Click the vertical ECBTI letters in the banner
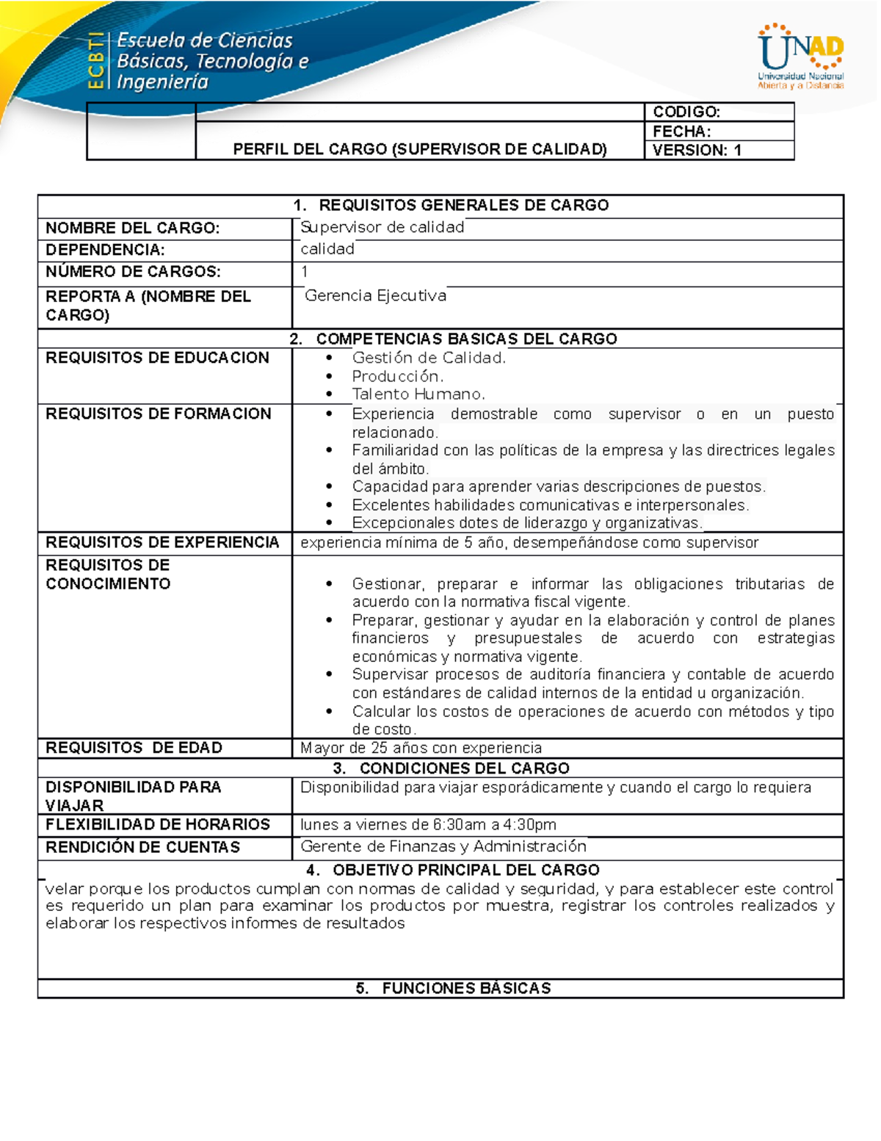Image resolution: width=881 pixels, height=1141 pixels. click(95, 61)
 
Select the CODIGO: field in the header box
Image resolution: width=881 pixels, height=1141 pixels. click(686, 112)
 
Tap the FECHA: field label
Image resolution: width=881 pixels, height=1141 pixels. click(681, 132)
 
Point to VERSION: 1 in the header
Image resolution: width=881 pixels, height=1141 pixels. click(697, 150)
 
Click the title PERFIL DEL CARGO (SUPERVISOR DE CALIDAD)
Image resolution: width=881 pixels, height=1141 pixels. click(420, 149)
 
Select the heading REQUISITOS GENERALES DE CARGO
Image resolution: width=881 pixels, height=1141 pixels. click(463, 205)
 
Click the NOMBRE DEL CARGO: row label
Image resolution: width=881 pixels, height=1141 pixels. click(132, 228)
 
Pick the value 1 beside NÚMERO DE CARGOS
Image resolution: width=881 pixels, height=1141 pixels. click(305, 272)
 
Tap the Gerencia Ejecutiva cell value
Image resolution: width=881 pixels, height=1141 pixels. click(375, 295)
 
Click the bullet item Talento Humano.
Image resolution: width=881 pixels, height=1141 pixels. click(418, 394)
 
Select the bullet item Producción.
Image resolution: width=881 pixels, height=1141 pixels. click(398, 376)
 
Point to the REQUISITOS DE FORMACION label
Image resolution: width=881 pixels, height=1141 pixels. click(158, 414)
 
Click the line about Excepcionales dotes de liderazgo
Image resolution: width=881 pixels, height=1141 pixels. click(526, 523)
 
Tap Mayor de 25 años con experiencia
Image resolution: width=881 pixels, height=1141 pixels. click(421, 748)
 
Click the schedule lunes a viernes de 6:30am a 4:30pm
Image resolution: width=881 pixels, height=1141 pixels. click(428, 824)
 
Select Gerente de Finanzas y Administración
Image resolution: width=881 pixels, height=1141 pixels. click(443, 846)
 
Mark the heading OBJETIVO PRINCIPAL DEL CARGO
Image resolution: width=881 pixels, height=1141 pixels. click(465, 870)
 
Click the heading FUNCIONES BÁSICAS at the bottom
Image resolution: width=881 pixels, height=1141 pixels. click(465, 988)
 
